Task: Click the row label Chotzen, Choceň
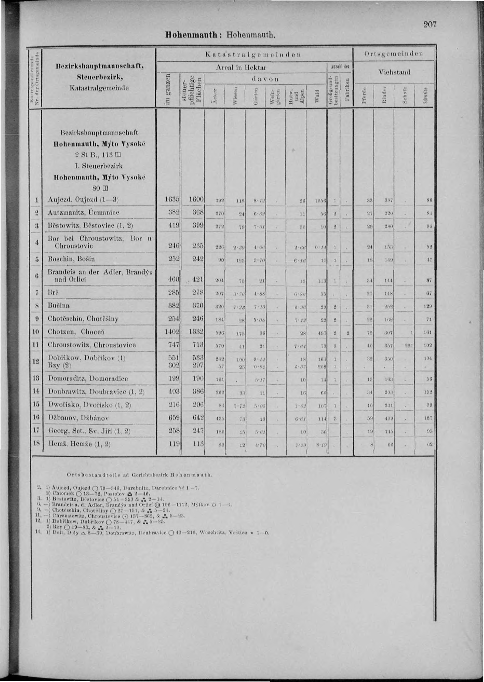pos(76,332)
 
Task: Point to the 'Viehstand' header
pos(394,72)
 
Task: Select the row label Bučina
pos(59,306)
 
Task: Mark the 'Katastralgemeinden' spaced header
pos(253,54)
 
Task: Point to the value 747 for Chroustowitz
pos(173,345)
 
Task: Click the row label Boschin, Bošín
pos(71,259)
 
